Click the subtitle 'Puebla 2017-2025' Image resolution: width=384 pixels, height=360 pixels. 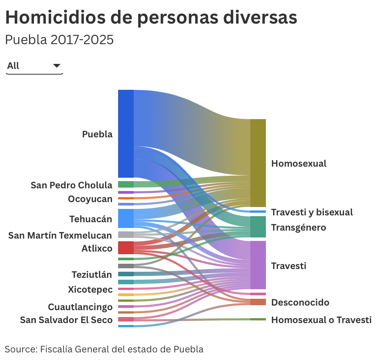(x=59, y=40)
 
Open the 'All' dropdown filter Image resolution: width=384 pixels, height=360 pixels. (x=34, y=66)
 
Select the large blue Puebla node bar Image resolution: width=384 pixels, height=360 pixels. (x=126, y=133)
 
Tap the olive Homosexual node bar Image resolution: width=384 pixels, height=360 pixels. (x=258, y=163)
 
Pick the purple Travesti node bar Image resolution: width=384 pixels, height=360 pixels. (x=258, y=265)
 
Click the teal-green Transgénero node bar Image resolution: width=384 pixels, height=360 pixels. (x=258, y=227)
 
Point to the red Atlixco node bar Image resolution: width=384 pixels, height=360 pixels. (x=126, y=248)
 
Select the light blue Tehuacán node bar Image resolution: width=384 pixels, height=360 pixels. (x=126, y=218)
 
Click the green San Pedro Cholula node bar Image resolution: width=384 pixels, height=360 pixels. (x=126, y=185)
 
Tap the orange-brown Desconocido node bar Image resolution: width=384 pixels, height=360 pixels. (x=258, y=302)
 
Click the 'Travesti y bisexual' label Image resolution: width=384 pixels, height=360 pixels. (x=312, y=212)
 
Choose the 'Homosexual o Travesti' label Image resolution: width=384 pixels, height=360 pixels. (x=321, y=320)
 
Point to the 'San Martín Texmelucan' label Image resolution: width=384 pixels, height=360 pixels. (x=60, y=236)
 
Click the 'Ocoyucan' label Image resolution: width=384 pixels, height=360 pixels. (x=90, y=199)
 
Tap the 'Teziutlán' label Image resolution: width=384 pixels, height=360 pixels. (x=92, y=274)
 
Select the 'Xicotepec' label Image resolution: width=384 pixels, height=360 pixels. (x=90, y=290)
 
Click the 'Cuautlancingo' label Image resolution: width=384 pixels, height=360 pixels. (x=80, y=307)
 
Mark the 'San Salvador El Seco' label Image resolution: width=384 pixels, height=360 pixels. (x=66, y=320)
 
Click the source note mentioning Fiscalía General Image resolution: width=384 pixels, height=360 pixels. (x=104, y=349)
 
